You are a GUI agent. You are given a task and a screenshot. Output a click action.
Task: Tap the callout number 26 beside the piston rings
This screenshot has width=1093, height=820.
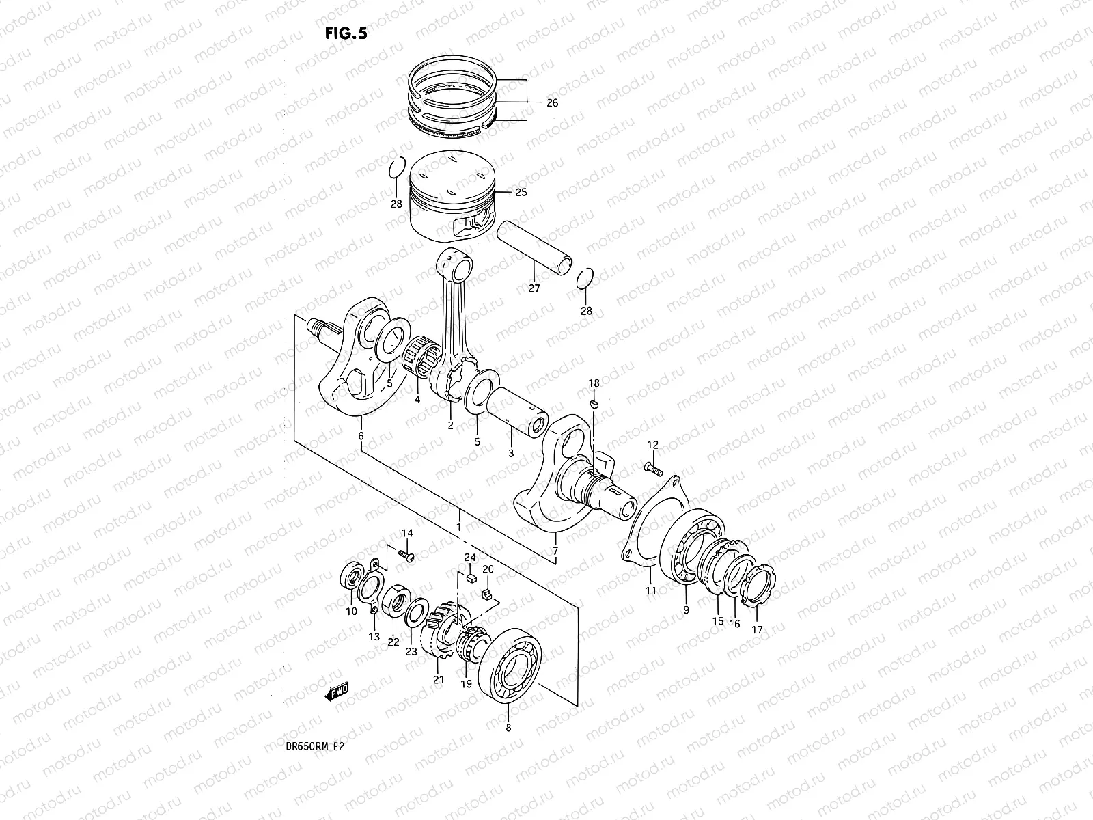(552, 103)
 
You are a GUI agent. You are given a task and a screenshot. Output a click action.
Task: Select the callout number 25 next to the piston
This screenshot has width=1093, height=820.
(521, 193)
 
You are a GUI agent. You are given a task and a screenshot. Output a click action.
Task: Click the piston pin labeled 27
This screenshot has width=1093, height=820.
(535, 249)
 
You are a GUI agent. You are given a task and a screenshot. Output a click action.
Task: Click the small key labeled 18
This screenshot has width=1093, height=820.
(594, 404)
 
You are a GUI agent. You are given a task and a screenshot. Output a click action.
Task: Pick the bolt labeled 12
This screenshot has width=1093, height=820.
(653, 469)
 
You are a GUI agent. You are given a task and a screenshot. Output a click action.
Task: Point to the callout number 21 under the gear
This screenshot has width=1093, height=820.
(438, 679)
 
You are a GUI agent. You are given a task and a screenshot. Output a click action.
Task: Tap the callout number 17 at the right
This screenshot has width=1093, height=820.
(757, 629)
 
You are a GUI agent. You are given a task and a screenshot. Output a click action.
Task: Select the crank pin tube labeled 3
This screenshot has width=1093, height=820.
(519, 411)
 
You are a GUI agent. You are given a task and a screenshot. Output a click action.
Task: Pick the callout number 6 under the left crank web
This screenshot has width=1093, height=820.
(360, 435)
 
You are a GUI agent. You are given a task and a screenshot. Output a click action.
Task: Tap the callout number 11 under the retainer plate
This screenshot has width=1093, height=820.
(650, 590)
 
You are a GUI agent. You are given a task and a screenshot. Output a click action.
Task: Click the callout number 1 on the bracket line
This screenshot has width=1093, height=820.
(458, 527)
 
